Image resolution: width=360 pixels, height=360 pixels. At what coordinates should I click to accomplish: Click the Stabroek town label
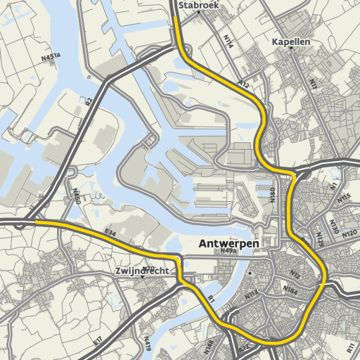pyautogui.click(x=199, y=5)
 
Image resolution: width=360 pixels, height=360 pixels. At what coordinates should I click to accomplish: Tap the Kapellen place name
pyautogui.click(x=291, y=42)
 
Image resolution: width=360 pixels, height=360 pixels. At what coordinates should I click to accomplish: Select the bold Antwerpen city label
pyautogui.click(x=229, y=244)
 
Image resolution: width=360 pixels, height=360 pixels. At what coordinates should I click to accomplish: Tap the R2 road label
pyautogui.click(x=89, y=101)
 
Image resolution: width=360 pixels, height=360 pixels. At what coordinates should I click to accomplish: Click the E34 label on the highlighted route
pyautogui.click(x=110, y=231)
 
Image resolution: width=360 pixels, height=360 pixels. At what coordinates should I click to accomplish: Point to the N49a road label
pyautogui.click(x=228, y=250)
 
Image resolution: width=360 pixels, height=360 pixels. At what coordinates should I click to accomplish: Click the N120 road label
pyautogui.click(x=349, y=233)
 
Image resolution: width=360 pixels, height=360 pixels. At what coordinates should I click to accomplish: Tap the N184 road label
pyautogui.click(x=290, y=289)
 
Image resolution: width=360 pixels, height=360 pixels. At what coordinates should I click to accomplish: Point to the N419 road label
pyautogui.click(x=147, y=343)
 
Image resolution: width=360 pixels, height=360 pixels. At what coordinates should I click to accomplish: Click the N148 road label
pyautogui.click(x=209, y=346)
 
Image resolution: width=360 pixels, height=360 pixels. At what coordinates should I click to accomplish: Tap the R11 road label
pyautogui.click(x=351, y=347)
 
